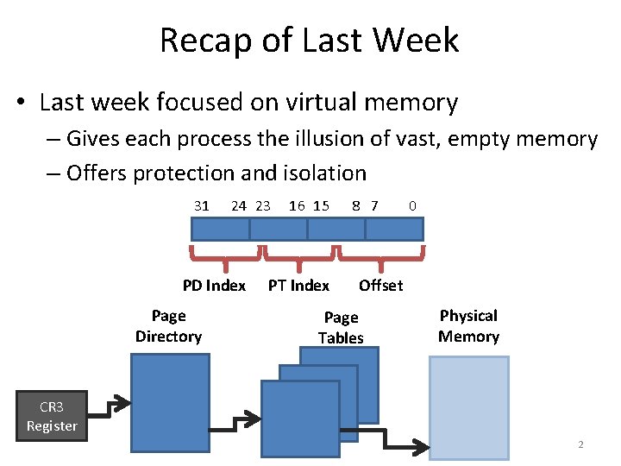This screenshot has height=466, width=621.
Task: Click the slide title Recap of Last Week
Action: pyautogui.click(x=309, y=41)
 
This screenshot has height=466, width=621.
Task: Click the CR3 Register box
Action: pyautogui.click(x=52, y=416)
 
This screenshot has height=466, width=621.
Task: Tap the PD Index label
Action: pyautogui.click(x=214, y=286)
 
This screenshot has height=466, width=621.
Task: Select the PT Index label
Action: pyautogui.click(x=298, y=286)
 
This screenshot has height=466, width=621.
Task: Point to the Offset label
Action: pyautogui.click(x=380, y=286)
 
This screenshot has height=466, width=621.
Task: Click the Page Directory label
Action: pyautogui.click(x=168, y=326)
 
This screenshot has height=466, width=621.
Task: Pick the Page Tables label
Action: pyautogui.click(x=341, y=328)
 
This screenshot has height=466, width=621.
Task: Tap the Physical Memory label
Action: pyautogui.click(x=468, y=326)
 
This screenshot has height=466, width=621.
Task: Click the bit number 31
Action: pyautogui.click(x=202, y=205)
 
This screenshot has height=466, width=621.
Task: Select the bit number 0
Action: pyautogui.click(x=413, y=205)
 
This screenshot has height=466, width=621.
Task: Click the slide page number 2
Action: pyautogui.click(x=580, y=444)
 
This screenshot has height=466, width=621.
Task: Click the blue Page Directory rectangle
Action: pyautogui.click(x=169, y=401)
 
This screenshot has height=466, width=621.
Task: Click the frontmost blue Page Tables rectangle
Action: pyautogui.click(x=299, y=419)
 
